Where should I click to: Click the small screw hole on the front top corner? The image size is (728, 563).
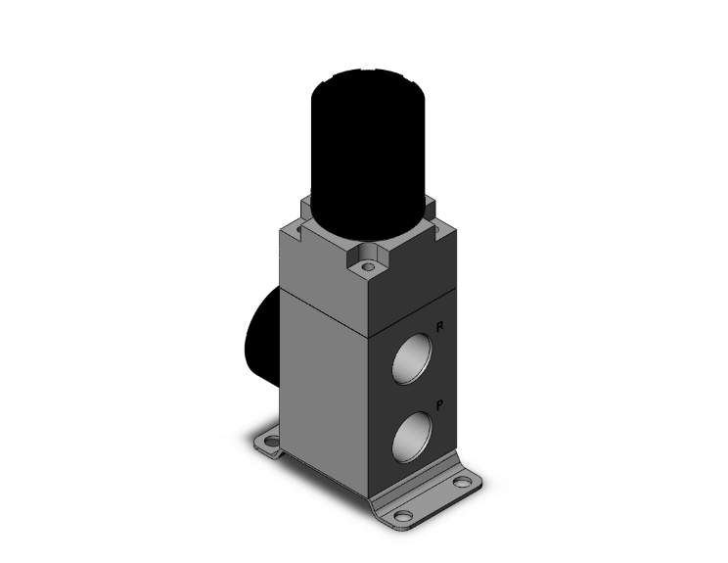point(368,265)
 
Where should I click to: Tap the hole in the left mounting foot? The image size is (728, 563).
point(266,441)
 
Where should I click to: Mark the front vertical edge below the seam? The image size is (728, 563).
point(369,411)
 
